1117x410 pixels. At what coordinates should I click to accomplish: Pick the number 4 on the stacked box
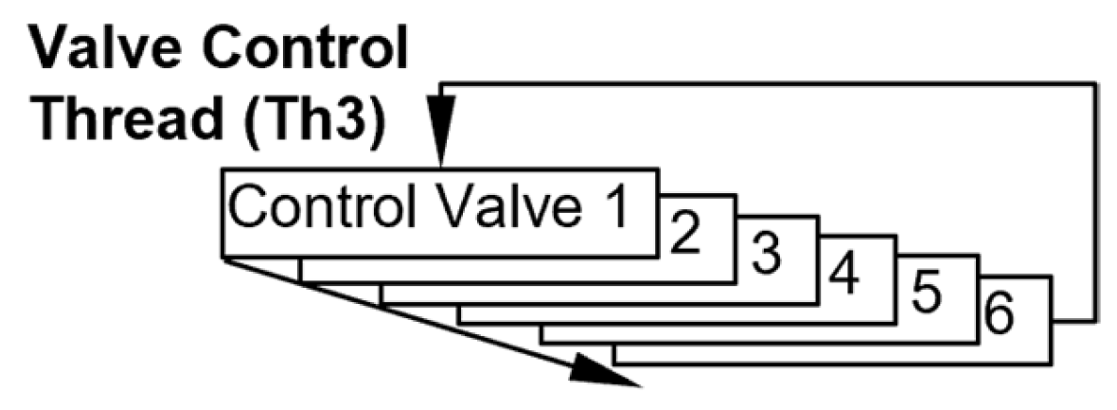click(843, 276)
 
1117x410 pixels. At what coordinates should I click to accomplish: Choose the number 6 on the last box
click(1002, 319)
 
